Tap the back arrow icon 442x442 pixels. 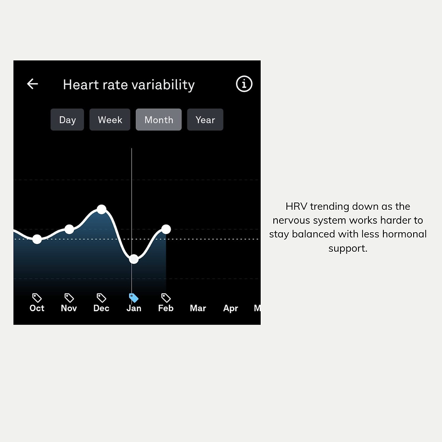tap(32, 84)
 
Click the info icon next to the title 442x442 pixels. tap(244, 84)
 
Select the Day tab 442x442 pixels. tap(67, 120)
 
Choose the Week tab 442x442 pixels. tap(110, 120)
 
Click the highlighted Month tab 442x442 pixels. tap(159, 120)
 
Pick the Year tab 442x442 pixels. tap(205, 120)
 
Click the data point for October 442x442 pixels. tap(37, 239)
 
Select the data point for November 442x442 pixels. tap(69, 229)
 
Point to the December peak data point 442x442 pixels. tap(101, 209)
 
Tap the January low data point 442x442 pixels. tap(134, 259)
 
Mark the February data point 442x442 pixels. tap(166, 229)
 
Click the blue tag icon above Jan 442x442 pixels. tap(134, 298)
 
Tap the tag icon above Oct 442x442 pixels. tap(37, 298)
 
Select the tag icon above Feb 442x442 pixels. tap(166, 298)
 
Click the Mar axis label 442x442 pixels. tap(198, 308)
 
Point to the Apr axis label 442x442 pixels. tap(230, 308)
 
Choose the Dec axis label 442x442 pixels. tap(101, 308)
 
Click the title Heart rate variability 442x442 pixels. tap(129, 85)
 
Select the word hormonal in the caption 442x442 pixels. tap(404, 234)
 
